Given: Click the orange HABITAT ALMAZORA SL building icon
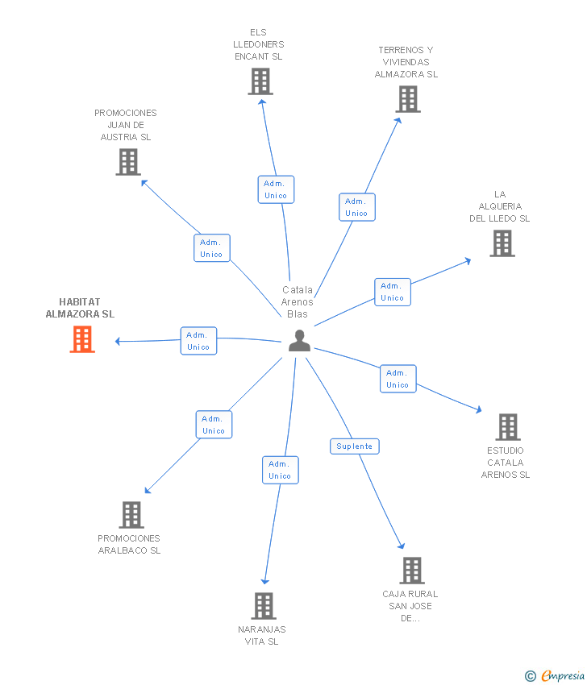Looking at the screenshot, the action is (x=82, y=339).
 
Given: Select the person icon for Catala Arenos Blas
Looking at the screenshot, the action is (x=299, y=341).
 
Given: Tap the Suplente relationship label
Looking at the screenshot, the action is (x=355, y=446).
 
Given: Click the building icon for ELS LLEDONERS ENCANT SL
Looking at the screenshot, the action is (x=260, y=81).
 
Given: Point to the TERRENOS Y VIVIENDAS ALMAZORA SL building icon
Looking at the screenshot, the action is (x=408, y=99).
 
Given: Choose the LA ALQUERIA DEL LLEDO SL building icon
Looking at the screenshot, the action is (x=502, y=243).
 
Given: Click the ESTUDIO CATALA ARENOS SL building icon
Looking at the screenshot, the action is (x=508, y=427).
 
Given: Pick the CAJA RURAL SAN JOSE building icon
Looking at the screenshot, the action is (x=412, y=571).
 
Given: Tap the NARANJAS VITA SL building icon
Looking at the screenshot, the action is (x=264, y=606).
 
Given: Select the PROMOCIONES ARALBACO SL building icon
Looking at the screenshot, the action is (x=131, y=515).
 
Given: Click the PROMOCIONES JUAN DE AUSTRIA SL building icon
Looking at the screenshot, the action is (x=128, y=162).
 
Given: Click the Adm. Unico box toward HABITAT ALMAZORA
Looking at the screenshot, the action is (x=199, y=341).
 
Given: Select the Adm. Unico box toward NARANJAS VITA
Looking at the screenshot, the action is (x=281, y=470).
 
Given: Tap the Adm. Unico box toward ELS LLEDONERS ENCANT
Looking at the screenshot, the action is (x=277, y=189).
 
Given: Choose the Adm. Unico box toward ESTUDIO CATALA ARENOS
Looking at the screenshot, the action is (x=398, y=379).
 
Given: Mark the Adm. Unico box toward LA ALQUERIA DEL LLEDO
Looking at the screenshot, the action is (x=393, y=292).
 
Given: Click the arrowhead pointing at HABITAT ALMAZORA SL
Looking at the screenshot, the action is (x=117, y=341).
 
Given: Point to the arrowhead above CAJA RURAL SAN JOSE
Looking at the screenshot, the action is (x=402, y=546).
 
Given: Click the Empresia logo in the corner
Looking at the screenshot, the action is (x=555, y=676).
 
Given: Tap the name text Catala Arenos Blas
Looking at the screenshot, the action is (x=298, y=302).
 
